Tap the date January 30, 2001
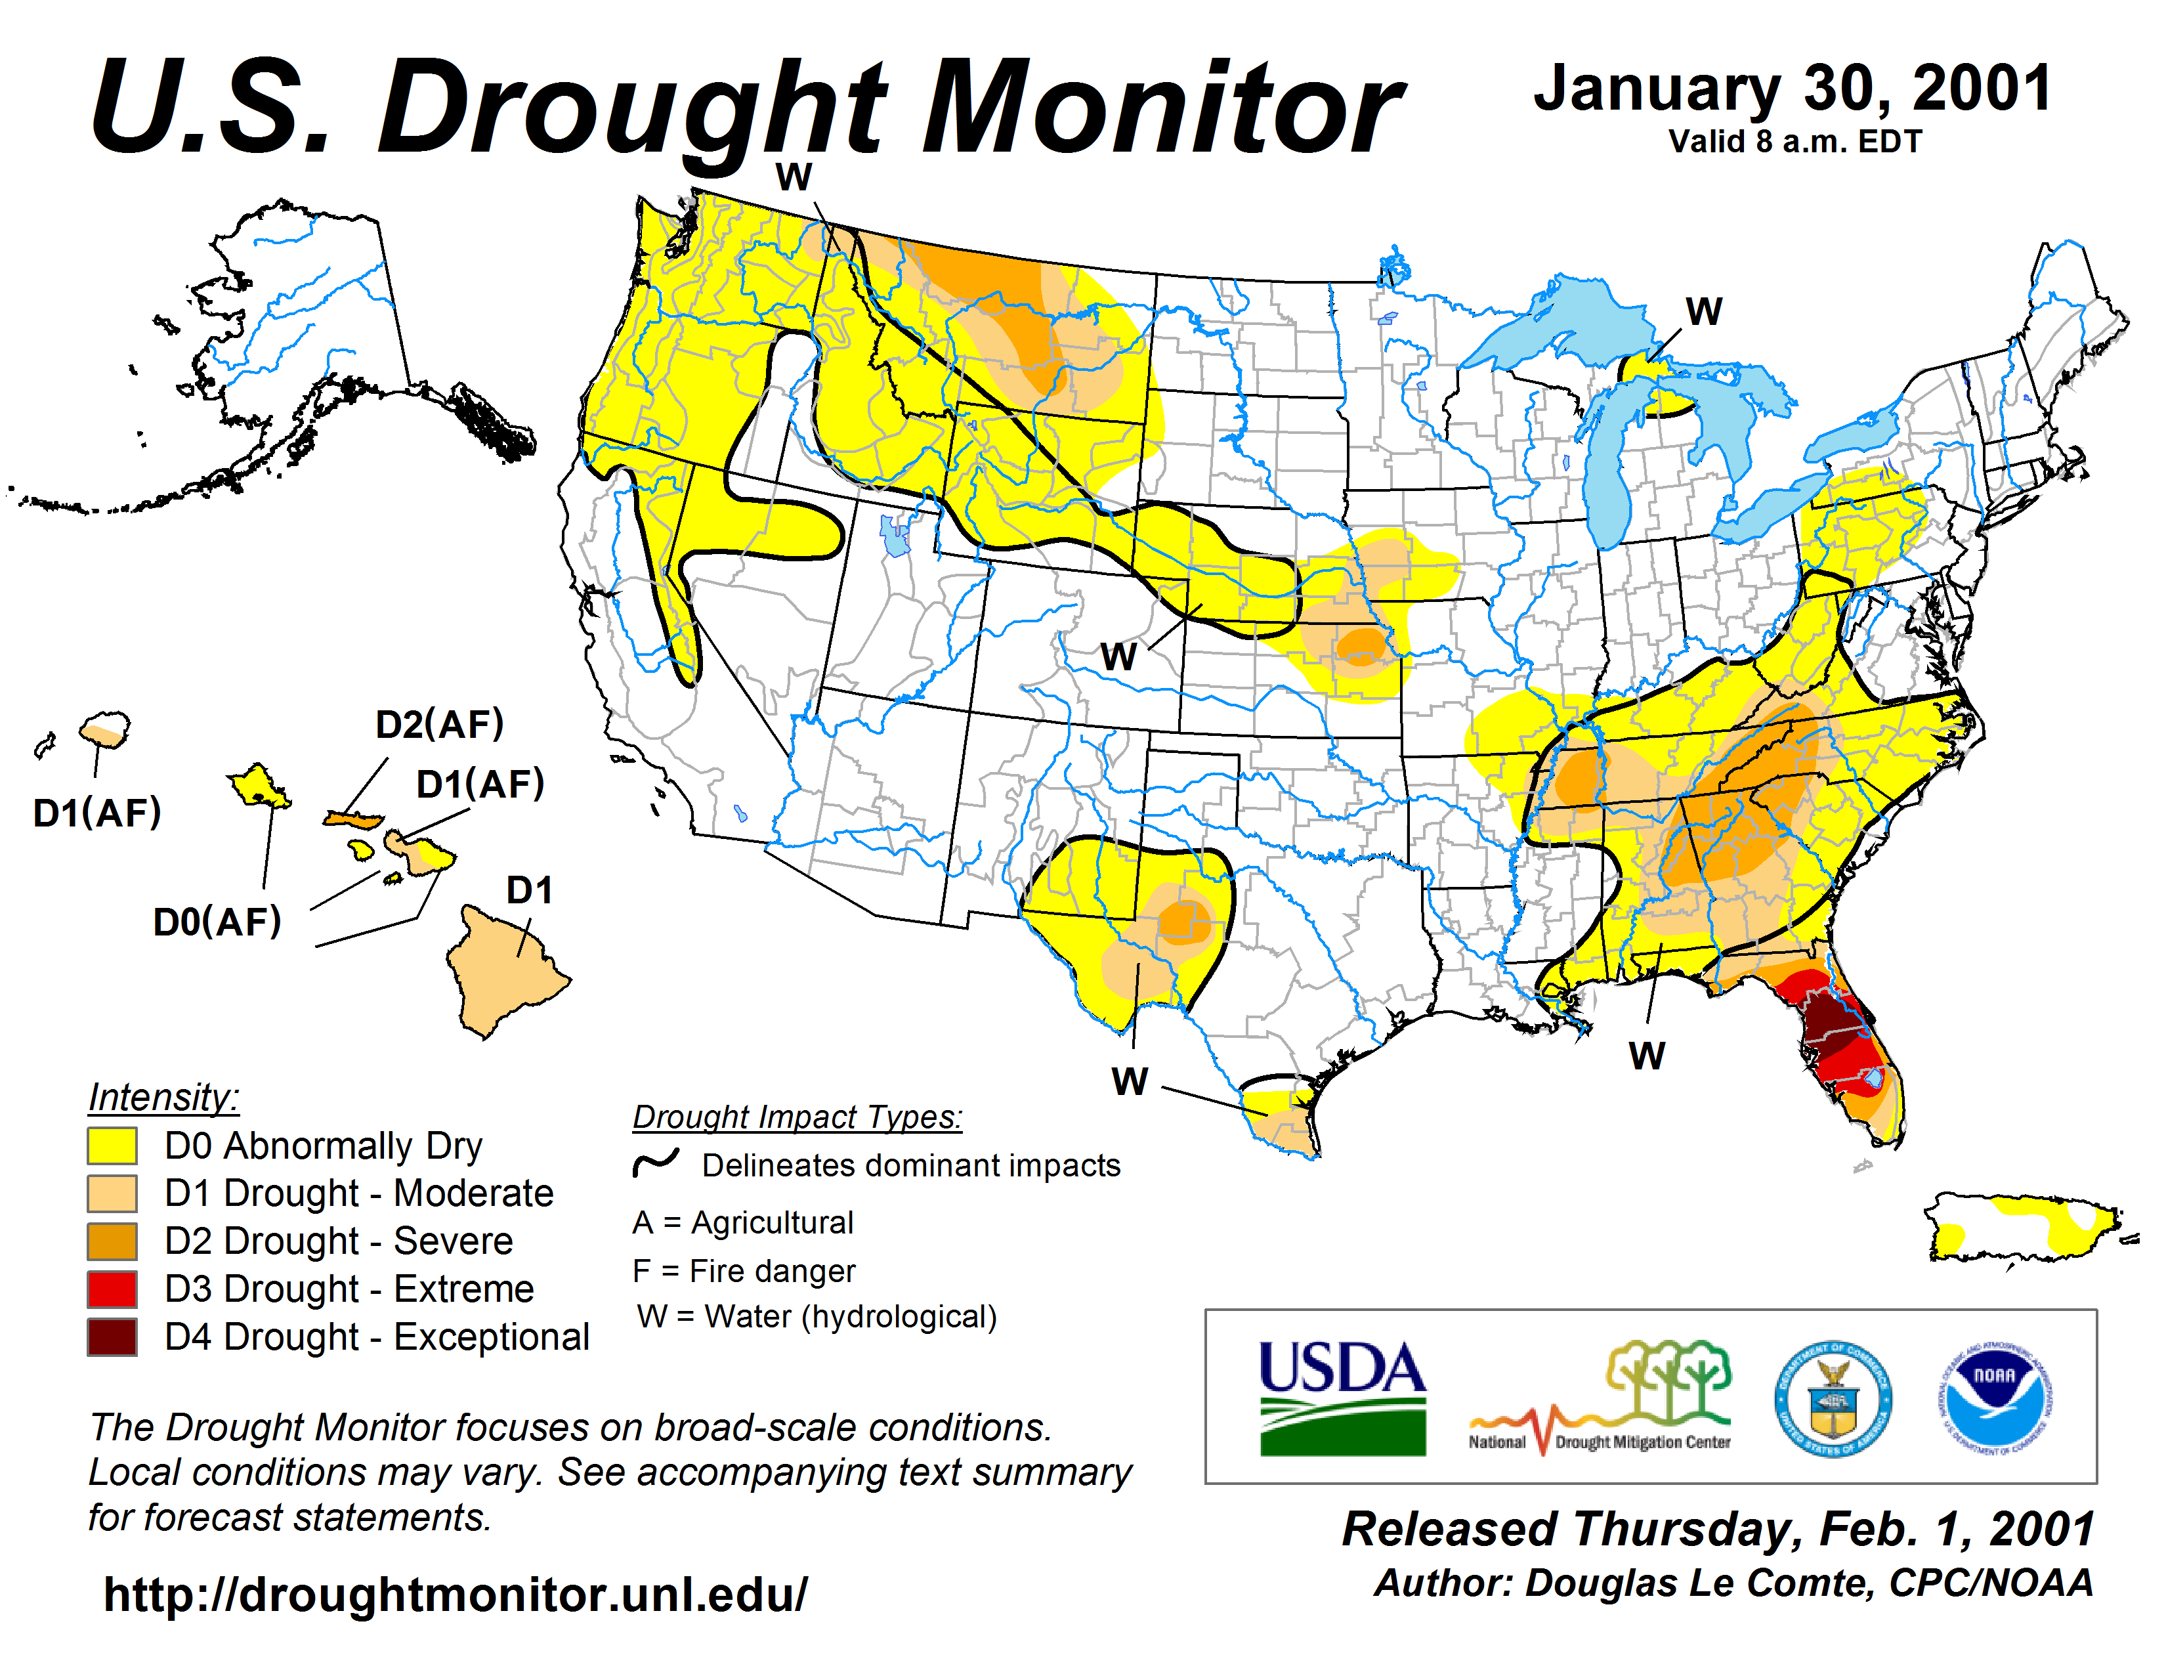coord(1792,89)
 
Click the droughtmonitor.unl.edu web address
coord(456,1595)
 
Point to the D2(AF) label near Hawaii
coord(439,725)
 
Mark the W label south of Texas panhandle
coord(1130,1081)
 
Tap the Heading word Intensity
coord(163,1098)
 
